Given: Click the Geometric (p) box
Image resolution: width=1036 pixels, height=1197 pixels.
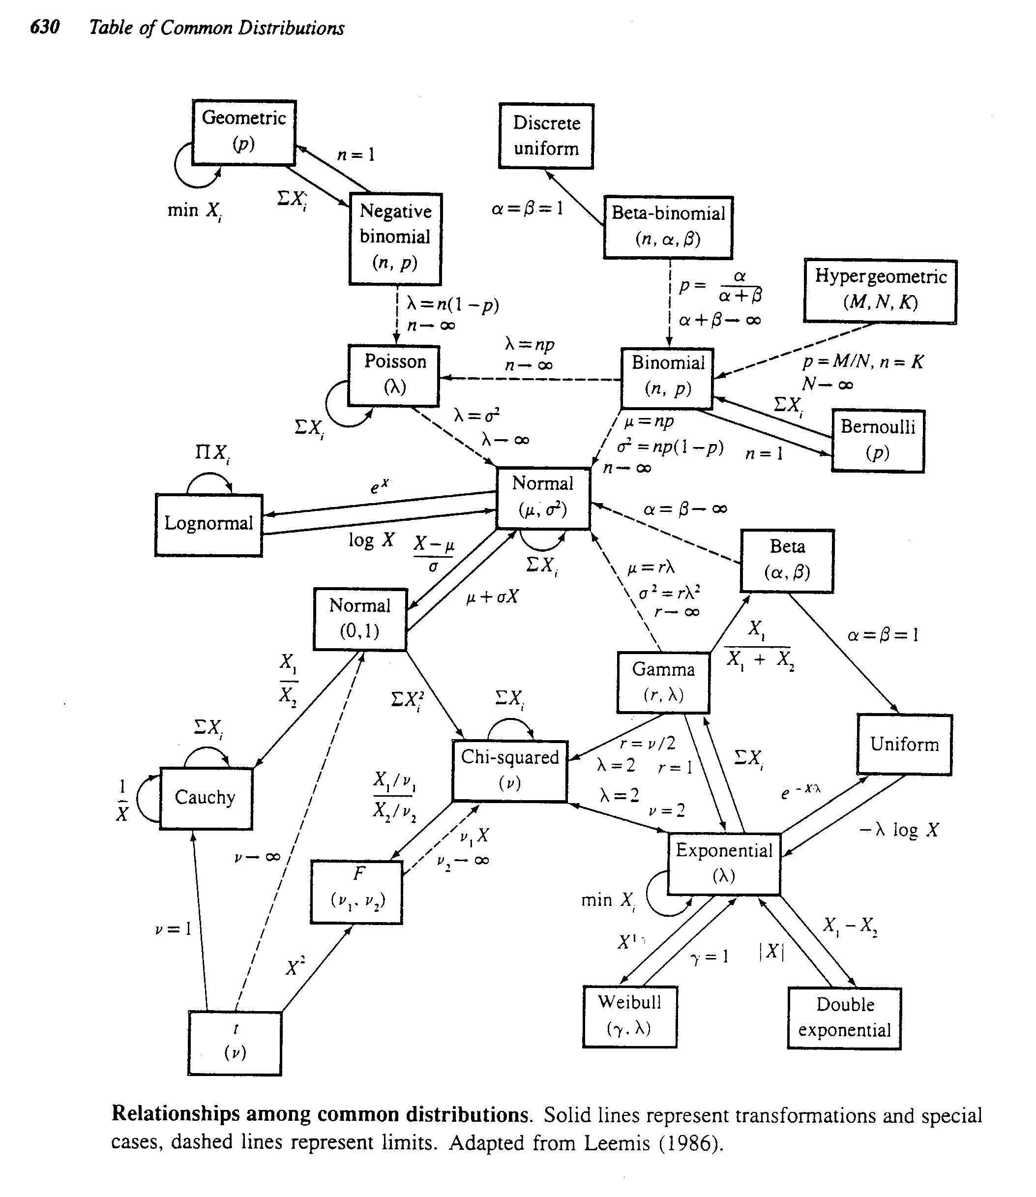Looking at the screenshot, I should [243, 132].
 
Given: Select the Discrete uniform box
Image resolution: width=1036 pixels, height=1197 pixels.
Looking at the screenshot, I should [546, 136].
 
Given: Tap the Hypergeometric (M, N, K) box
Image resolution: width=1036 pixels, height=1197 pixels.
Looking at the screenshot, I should [880, 291].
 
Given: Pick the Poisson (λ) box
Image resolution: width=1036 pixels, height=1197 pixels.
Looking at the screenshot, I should [394, 376].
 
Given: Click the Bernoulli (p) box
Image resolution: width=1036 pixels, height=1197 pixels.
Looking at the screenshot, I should [878, 441].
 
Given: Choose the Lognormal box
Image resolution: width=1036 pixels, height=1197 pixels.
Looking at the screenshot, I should [208, 524].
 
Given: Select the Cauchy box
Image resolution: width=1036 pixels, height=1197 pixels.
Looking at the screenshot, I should [206, 798].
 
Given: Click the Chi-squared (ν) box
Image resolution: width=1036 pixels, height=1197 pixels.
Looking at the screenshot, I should [509, 771].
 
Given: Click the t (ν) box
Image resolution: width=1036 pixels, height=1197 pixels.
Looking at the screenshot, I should [235, 1043].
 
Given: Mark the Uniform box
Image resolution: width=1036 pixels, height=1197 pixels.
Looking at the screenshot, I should [904, 745].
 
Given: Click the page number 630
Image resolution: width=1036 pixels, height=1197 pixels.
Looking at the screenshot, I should [45, 27].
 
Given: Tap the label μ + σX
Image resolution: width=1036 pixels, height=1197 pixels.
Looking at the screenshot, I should [492, 597].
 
